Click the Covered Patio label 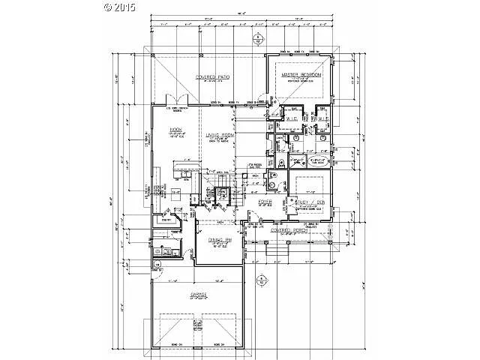pos(212,77)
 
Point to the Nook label pos(166,129)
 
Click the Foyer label pos(264,201)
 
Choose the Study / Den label pos(304,201)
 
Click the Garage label pos(198,295)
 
